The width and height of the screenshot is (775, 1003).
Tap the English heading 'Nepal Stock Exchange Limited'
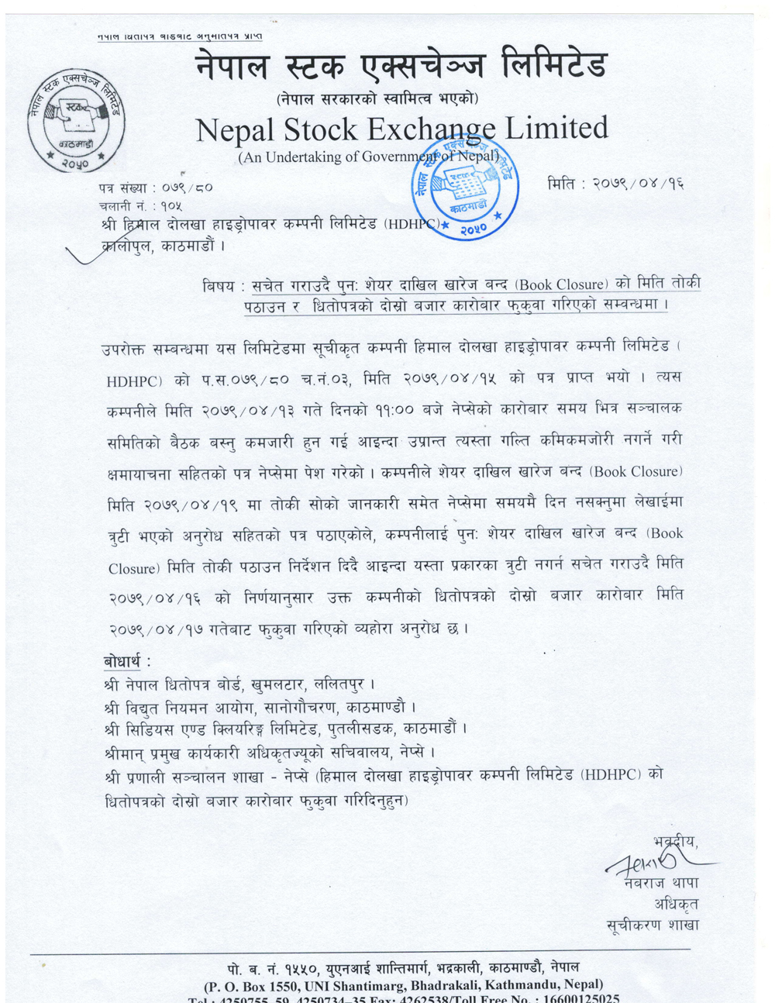pyautogui.click(x=401, y=129)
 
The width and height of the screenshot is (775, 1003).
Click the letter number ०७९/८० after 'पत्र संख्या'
pyautogui.click(x=187, y=187)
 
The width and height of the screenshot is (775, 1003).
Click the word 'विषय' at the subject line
pyautogui.click(x=219, y=286)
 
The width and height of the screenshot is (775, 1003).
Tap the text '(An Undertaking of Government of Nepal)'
pyautogui.click(x=368, y=157)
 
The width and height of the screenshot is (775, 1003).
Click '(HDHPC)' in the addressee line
pyautogui.click(x=414, y=225)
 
